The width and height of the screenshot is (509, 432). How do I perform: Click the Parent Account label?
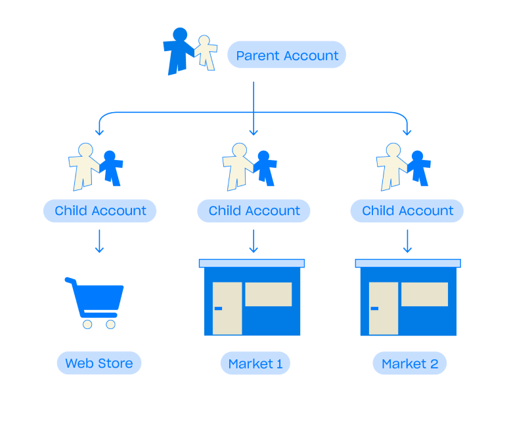click(286, 56)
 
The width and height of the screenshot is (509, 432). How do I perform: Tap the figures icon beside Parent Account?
click(190, 51)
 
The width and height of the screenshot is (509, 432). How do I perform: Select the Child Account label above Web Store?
click(100, 210)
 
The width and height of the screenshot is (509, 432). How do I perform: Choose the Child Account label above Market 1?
click(254, 210)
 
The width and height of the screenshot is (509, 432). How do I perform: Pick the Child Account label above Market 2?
click(407, 210)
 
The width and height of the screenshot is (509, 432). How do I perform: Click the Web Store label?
click(99, 363)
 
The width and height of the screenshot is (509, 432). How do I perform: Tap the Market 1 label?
click(255, 363)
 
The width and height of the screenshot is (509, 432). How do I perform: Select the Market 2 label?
click(410, 363)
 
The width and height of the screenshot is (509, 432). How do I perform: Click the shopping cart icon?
click(96, 302)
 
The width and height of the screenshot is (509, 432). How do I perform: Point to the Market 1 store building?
click(252, 298)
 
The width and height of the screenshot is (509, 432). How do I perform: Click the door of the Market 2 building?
click(383, 308)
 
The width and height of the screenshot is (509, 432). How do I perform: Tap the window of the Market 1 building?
click(268, 294)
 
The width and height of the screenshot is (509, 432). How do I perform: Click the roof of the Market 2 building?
click(407, 263)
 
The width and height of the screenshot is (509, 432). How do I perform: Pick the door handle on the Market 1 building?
click(218, 308)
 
